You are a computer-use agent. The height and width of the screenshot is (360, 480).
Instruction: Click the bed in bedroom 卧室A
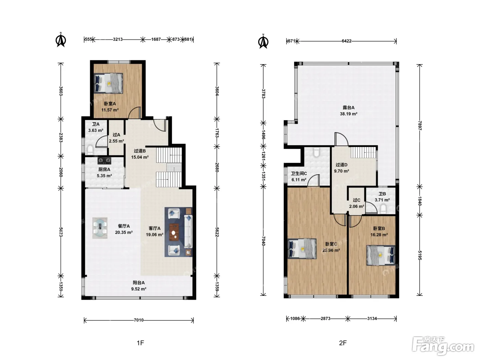[108, 83]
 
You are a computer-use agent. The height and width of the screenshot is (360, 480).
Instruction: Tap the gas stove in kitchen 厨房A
[104, 161]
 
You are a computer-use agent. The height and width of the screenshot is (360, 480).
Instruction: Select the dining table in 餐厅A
[100, 228]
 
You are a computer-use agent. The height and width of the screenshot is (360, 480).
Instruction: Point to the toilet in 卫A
[90, 150]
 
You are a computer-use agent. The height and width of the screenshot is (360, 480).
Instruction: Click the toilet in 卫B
[383, 209]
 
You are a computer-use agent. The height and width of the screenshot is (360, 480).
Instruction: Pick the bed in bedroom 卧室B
[381, 255]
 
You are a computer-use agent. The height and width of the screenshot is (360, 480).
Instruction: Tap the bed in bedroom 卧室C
[302, 249]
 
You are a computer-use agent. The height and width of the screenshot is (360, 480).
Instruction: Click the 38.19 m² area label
[349, 114]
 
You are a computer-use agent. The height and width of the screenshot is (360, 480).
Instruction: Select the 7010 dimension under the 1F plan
[139, 320]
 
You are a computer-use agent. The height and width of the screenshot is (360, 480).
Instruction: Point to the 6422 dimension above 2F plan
[347, 41]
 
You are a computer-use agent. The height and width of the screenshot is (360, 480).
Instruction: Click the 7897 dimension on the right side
[420, 125]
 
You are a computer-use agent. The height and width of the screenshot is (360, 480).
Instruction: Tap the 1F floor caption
[140, 343]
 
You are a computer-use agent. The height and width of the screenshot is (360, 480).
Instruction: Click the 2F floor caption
[343, 343]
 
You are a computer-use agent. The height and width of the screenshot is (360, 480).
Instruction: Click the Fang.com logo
[443, 346]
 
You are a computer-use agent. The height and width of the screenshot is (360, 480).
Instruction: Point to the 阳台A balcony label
[139, 283]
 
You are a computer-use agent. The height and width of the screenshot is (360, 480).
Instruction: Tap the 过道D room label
[341, 165]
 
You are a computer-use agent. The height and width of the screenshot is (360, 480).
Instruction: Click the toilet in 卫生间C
[316, 152]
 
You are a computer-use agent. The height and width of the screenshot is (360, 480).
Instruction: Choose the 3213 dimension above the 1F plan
[118, 39]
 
